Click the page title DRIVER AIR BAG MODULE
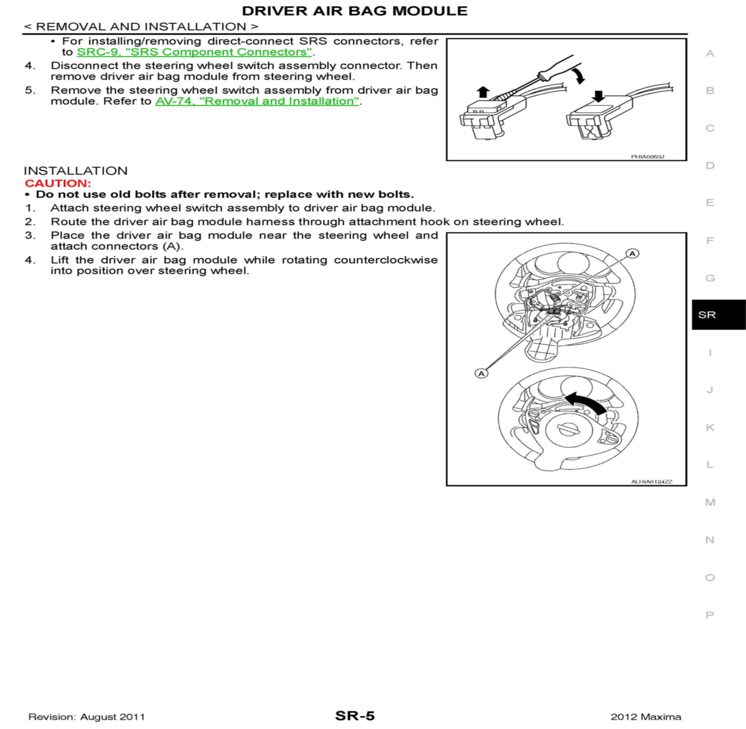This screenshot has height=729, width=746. pyautogui.click(x=354, y=11)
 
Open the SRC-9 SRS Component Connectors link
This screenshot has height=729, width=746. pyautogui.click(x=194, y=52)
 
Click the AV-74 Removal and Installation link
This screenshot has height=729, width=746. pyautogui.click(x=257, y=101)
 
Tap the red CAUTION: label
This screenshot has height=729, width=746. pyautogui.click(x=58, y=183)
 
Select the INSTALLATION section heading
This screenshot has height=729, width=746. pyautogui.click(x=75, y=171)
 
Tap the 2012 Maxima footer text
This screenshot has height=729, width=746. pyautogui.click(x=646, y=717)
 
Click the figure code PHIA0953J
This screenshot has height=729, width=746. pyautogui.click(x=647, y=157)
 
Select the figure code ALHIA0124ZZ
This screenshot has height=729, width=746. pyautogui.click(x=651, y=482)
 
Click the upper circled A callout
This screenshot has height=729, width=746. pyautogui.click(x=632, y=253)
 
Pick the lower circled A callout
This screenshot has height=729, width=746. pyautogui.click(x=481, y=373)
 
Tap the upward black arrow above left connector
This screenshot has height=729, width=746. pyautogui.click(x=483, y=92)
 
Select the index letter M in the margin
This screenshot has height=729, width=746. pyautogui.click(x=710, y=502)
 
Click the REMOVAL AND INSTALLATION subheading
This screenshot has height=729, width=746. pyautogui.click(x=141, y=27)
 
